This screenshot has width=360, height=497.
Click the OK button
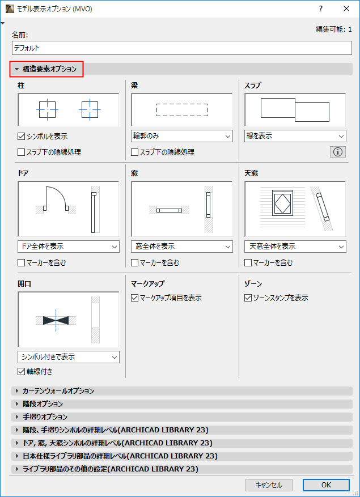(x=325, y=485)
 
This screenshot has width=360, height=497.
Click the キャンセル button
(x=269, y=485)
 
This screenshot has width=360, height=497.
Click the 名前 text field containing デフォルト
(x=181, y=48)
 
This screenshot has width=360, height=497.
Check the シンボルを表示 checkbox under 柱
(x=22, y=137)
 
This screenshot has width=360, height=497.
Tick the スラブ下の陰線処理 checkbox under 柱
(x=22, y=152)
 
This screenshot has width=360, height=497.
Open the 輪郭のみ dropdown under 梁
(x=181, y=136)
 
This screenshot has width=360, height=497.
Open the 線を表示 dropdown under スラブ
(x=295, y=136)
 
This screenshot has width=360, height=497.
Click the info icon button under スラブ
(x=337, y=152)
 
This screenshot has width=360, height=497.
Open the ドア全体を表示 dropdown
(x=68, y=247)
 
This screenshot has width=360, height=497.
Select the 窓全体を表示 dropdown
(x=181, y=247)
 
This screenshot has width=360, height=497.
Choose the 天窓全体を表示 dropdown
(x=295, y=247)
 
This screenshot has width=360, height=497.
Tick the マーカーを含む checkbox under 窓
(x=135, y=262)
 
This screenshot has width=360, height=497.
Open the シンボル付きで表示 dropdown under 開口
(x=68, y=357)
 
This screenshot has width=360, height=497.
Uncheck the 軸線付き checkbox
(x=22, y=372)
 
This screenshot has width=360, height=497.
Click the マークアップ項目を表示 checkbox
(x=135, y=298)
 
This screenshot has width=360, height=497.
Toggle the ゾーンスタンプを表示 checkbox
(x=248, y=298)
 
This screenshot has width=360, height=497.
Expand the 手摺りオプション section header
(x=45, y=417)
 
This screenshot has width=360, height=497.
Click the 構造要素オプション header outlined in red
(x=47, y=69)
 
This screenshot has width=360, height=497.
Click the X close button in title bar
(x=346, y=9)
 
